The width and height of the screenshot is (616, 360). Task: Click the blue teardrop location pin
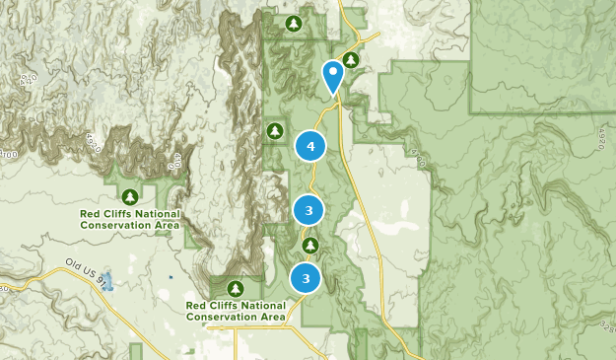tap(334, 76)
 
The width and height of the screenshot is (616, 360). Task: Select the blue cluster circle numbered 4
tap(310, 147)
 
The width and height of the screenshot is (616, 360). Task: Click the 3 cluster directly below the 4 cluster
tap(308, 210)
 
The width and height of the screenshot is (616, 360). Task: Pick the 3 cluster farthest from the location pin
tap(307, 278)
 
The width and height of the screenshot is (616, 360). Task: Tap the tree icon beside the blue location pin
tap(351, 60)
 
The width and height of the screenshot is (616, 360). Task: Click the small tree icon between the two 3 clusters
tap(310, 245)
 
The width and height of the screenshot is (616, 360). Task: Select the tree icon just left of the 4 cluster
tap(275, 130)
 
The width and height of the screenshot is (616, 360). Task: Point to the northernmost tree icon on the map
tap(293, 23)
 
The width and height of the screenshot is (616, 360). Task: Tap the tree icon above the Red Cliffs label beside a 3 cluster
tap(235, 288)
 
